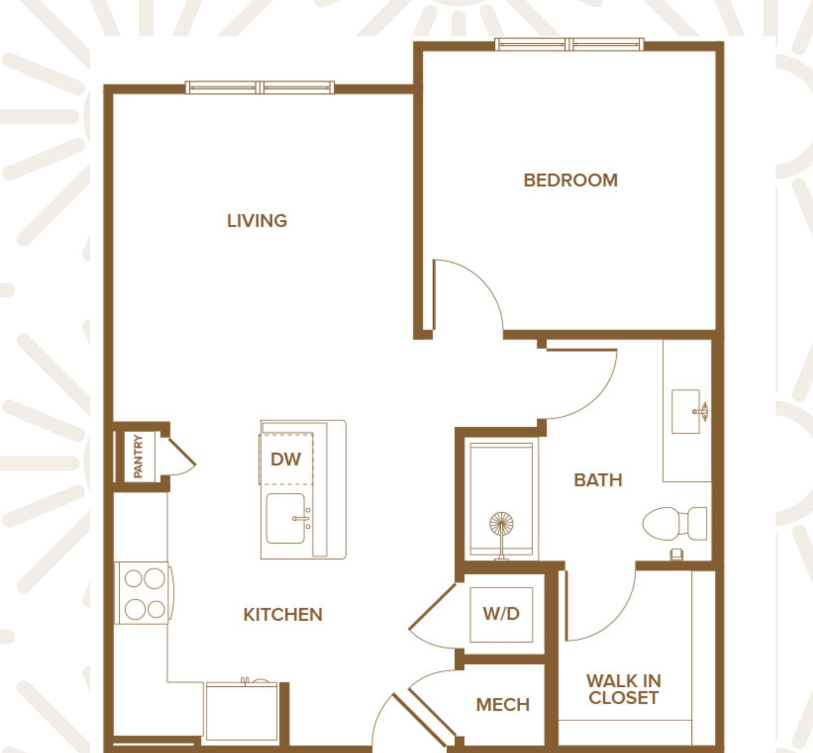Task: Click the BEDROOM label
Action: pyautogui.click(x=570, y=181)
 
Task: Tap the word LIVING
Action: pyautogui.click(x=257, y=221)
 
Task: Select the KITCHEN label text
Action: pyautogui.click(x=283, y=615)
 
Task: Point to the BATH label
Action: pyautogui.click(x=598, y=481)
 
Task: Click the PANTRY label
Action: pyautogui.click(x=139, y=456)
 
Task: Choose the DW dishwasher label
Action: pyautogui.click(x=286, y=459)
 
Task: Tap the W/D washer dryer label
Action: pyautogui.click(x=501, y=614)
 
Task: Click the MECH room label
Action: pyautogui.click(x=503, y=705)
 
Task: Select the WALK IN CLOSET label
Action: pyautogui.click(x=624, y=690)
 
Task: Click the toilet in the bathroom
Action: pyautogui.click(x=674, y=524)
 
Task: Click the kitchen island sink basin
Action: pyautogui.click(x=285, y=519)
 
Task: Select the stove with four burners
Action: pyautogui.click(x=144, y=593)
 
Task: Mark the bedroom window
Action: pyautogui.click(x=569, y=44)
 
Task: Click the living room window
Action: pyautogui.click(x=260, y=87)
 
